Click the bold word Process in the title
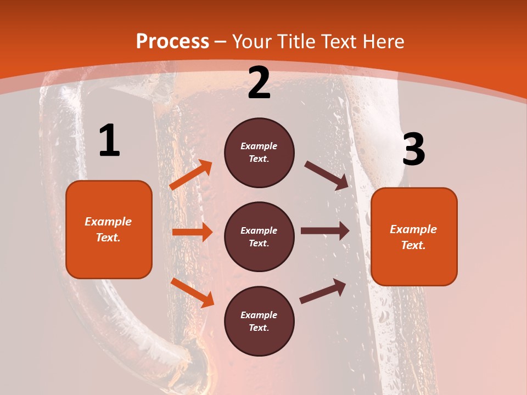pos(172,42)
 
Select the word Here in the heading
pos(382,42)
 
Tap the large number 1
pos(109,141)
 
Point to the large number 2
pos(259,83)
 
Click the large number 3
pos(413,150)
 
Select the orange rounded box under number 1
pos(109,229)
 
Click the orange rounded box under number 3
pos(414,237)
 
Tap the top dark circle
pos(259,153)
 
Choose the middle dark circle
pos(259,237)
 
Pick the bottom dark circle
pos(259,321)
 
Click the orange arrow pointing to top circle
pos(191,175)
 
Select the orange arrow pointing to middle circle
pos(192,232)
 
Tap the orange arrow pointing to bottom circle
pos(192,292)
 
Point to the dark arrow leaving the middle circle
pos(325,231)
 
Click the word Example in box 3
pos(413,229)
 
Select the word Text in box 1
pos(108,238)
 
